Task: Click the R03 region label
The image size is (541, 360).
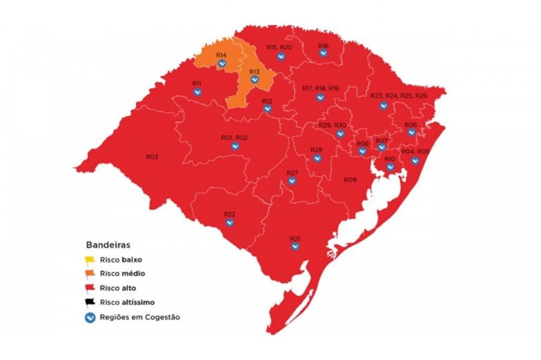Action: (x=152, y=157)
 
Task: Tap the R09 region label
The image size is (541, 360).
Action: (x=350, y=179)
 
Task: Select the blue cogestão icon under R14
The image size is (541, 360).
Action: (x=222, y=64)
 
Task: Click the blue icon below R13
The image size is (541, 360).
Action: (x=254, y=79)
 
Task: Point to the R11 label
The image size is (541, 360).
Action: (x=197, y=83)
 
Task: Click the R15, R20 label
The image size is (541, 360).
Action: (x=279, y=48)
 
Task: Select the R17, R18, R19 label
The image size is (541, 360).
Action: (x=320, y=88)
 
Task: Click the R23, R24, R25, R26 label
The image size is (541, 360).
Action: (x=399, y=96)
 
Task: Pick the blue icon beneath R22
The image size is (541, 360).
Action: (x=229, y=222)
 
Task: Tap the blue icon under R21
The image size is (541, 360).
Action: (x=295, y=246)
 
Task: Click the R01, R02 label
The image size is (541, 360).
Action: (x=234, y=138)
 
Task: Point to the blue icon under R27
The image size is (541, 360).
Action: (x=292, y=181)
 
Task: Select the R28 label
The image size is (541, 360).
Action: (x=316, y=150)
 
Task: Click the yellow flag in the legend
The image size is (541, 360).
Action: (x=90, y=259)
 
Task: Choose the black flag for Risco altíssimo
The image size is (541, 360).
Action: (x=90, y=303)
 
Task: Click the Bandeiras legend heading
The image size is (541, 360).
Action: (x=108, y=245)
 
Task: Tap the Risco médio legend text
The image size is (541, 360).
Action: (x=122, y=274)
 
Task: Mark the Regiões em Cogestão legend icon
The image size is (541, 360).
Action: (x=90, y=317)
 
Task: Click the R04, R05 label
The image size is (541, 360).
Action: (x=415, y=152)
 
